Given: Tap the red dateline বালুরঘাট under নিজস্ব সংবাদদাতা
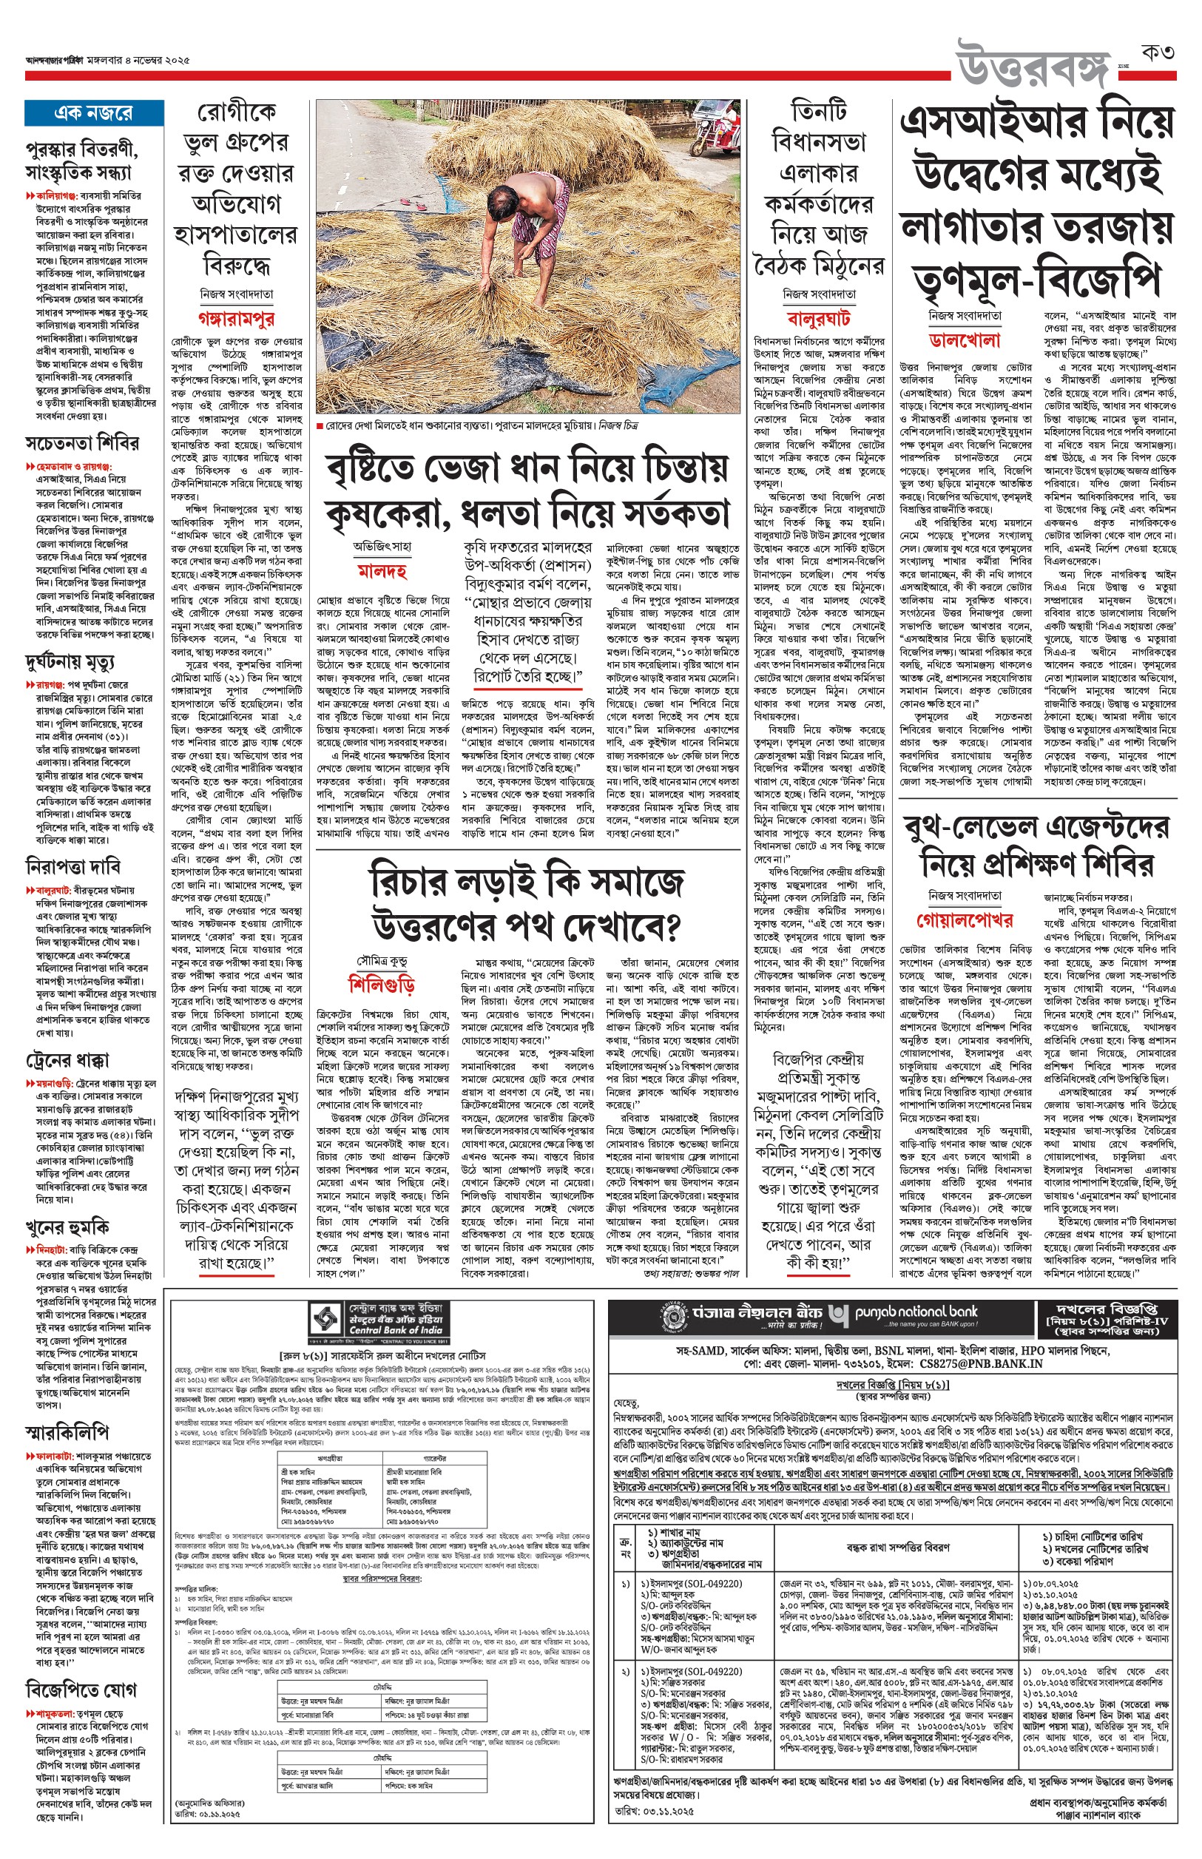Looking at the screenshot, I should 819,317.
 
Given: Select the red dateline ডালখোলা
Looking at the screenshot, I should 965,340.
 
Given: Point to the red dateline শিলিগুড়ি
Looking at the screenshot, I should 382,983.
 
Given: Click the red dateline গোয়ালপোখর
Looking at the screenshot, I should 965,920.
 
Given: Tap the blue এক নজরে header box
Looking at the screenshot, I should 94,113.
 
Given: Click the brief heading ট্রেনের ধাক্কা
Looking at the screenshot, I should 67,1060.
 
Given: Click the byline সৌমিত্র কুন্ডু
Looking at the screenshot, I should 382,961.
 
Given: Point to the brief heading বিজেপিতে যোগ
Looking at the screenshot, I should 81,1690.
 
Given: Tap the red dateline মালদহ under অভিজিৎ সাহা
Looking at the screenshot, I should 382,571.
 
